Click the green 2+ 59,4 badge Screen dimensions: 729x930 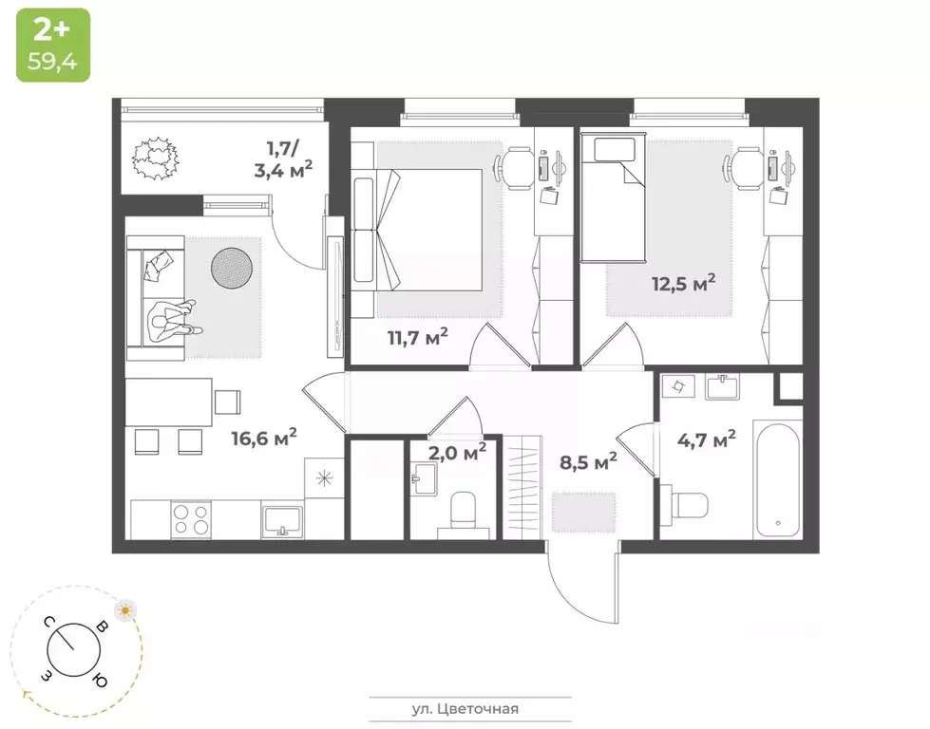coord(52,45)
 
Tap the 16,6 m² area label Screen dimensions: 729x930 coord(264,437)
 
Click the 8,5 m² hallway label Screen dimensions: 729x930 coord(588,462)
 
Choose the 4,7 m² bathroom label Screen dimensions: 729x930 coord(706,440)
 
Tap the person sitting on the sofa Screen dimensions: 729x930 coord(174,320)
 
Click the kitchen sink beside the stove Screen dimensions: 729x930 coord(282,520)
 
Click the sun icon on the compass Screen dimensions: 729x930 coord(124,609)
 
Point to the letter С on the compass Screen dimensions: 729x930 coord(47,622)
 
